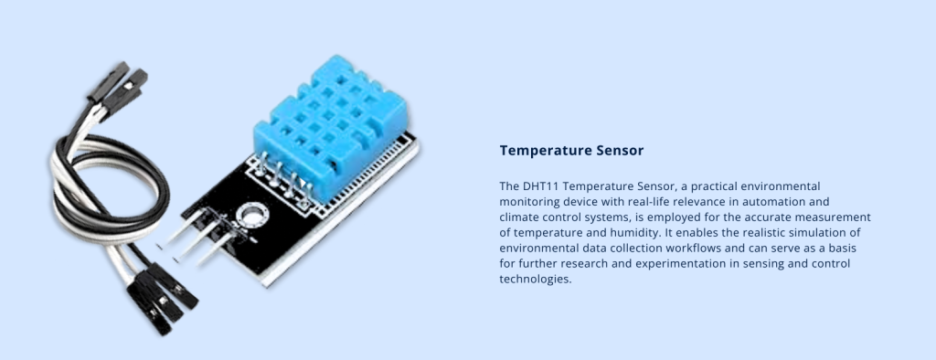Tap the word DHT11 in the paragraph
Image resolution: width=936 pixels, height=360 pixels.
pyautogui.click(x=535, y=186)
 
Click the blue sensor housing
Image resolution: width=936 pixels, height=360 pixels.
pyautogui.click(x=330, y=127)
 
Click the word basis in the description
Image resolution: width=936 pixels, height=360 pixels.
pyautogui.click(x=844, y=249)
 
